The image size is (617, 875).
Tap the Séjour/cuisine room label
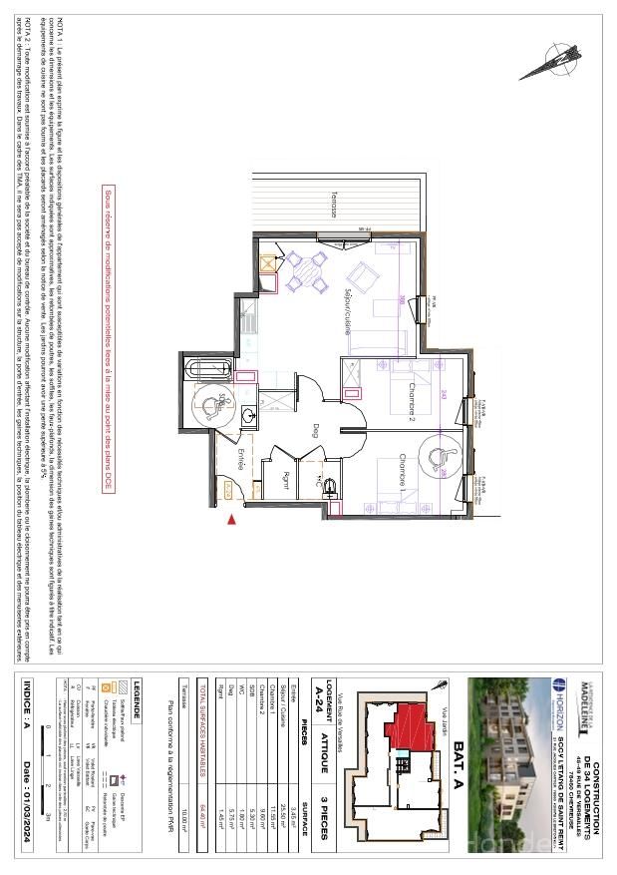click(347, 312)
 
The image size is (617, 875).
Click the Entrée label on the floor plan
click(240, 461)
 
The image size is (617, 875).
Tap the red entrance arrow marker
click(232, 519)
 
